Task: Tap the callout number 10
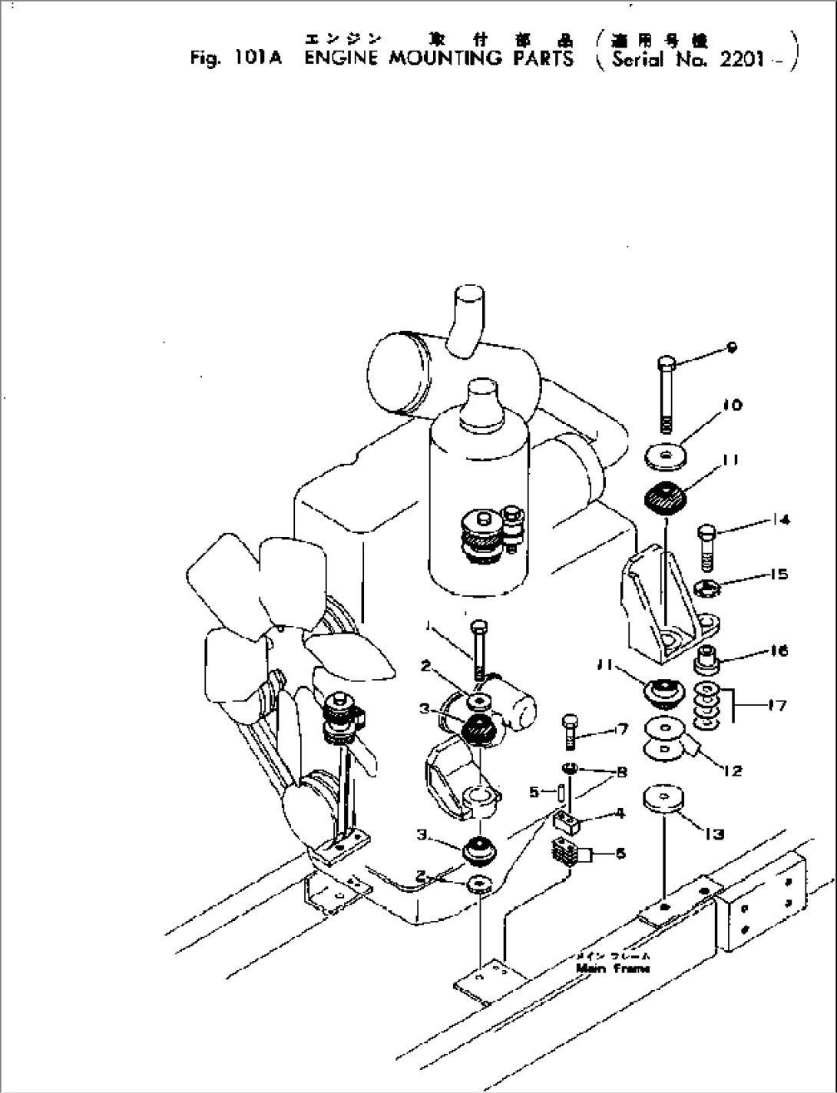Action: pos(733,405)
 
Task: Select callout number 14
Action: pos(781,520)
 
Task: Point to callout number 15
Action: pos(779,575)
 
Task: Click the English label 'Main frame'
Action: pos(613,969)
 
